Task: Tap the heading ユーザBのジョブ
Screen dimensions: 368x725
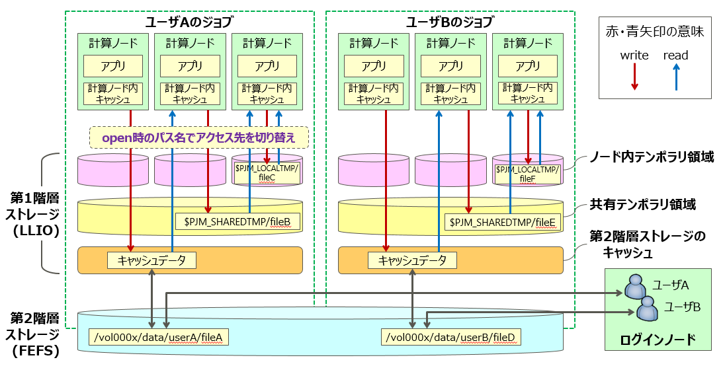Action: [449, 22]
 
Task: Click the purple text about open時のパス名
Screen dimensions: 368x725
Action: [199, 137]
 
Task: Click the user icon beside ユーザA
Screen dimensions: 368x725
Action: [635, 287]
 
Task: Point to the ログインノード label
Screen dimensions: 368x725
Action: [658, 340]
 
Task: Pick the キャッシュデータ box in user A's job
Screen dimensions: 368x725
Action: [152, 260]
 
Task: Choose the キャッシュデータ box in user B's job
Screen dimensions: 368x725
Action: [413, 260]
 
